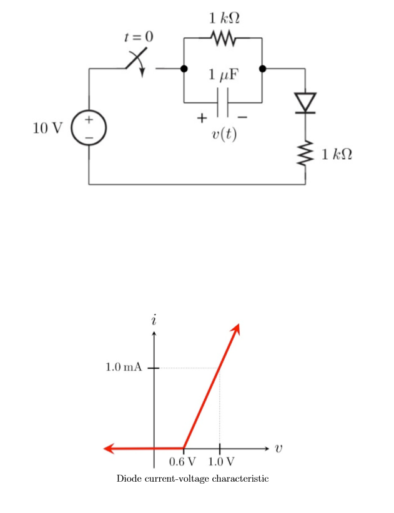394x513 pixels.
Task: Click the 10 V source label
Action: pos(47,129)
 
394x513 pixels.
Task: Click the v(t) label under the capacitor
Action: pos(224,134)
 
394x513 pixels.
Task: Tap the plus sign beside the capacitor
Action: pos(201,117)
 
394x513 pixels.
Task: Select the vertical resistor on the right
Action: pos(305,154)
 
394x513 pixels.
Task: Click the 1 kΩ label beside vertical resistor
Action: pos(337,154)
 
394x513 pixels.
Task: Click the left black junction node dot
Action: pos(184,69)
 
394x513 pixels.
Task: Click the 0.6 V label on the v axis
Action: pos(182,462)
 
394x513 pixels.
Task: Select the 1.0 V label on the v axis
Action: pos(220,462)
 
